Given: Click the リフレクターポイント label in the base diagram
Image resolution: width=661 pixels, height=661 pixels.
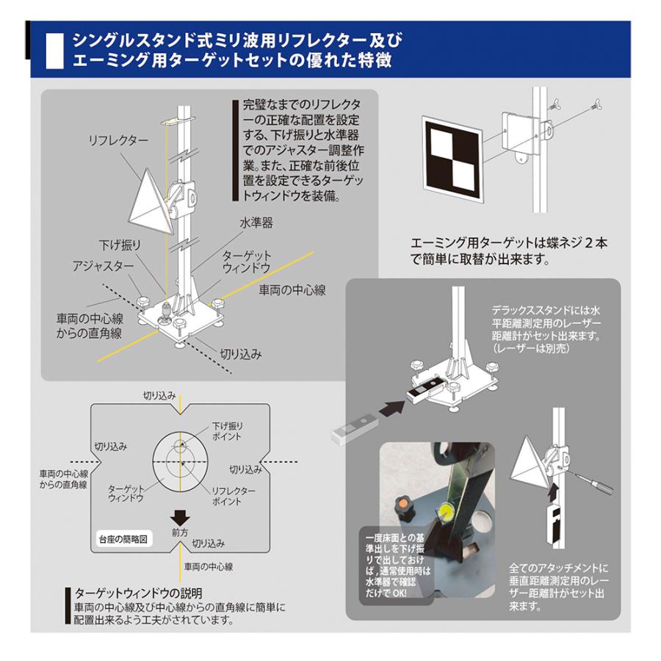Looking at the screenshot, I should point(234,496).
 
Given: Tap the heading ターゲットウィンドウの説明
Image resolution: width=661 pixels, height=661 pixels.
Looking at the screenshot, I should point(138,592).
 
